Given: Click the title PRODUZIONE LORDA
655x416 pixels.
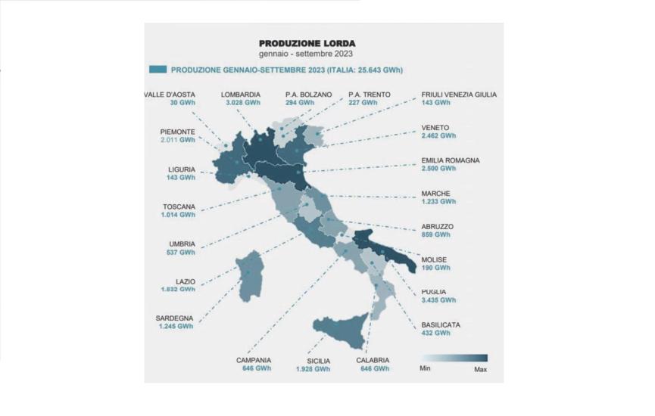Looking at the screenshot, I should [x=307, y=44].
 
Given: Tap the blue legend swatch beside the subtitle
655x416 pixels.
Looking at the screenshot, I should [x=158, y=70].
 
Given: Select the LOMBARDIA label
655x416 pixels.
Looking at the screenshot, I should [x=241, y=95].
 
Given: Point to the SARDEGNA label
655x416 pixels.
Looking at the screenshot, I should [x=174, y=318].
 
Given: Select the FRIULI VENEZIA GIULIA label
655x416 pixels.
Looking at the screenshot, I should [x=459, y=95].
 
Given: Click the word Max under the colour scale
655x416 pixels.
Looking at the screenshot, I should [x=480, y=369].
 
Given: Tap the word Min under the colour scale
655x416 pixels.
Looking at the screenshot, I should [x=426, y=369].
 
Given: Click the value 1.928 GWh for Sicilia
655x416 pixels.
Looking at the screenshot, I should [x=313, y=369].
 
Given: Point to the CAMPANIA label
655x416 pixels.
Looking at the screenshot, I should [x=254, y=360].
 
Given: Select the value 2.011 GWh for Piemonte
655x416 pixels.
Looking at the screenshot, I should [x=177, y=140].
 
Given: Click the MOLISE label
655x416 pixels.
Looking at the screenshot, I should [x=435, y=259].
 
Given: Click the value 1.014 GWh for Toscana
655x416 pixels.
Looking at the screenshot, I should [x=178, y=215].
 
